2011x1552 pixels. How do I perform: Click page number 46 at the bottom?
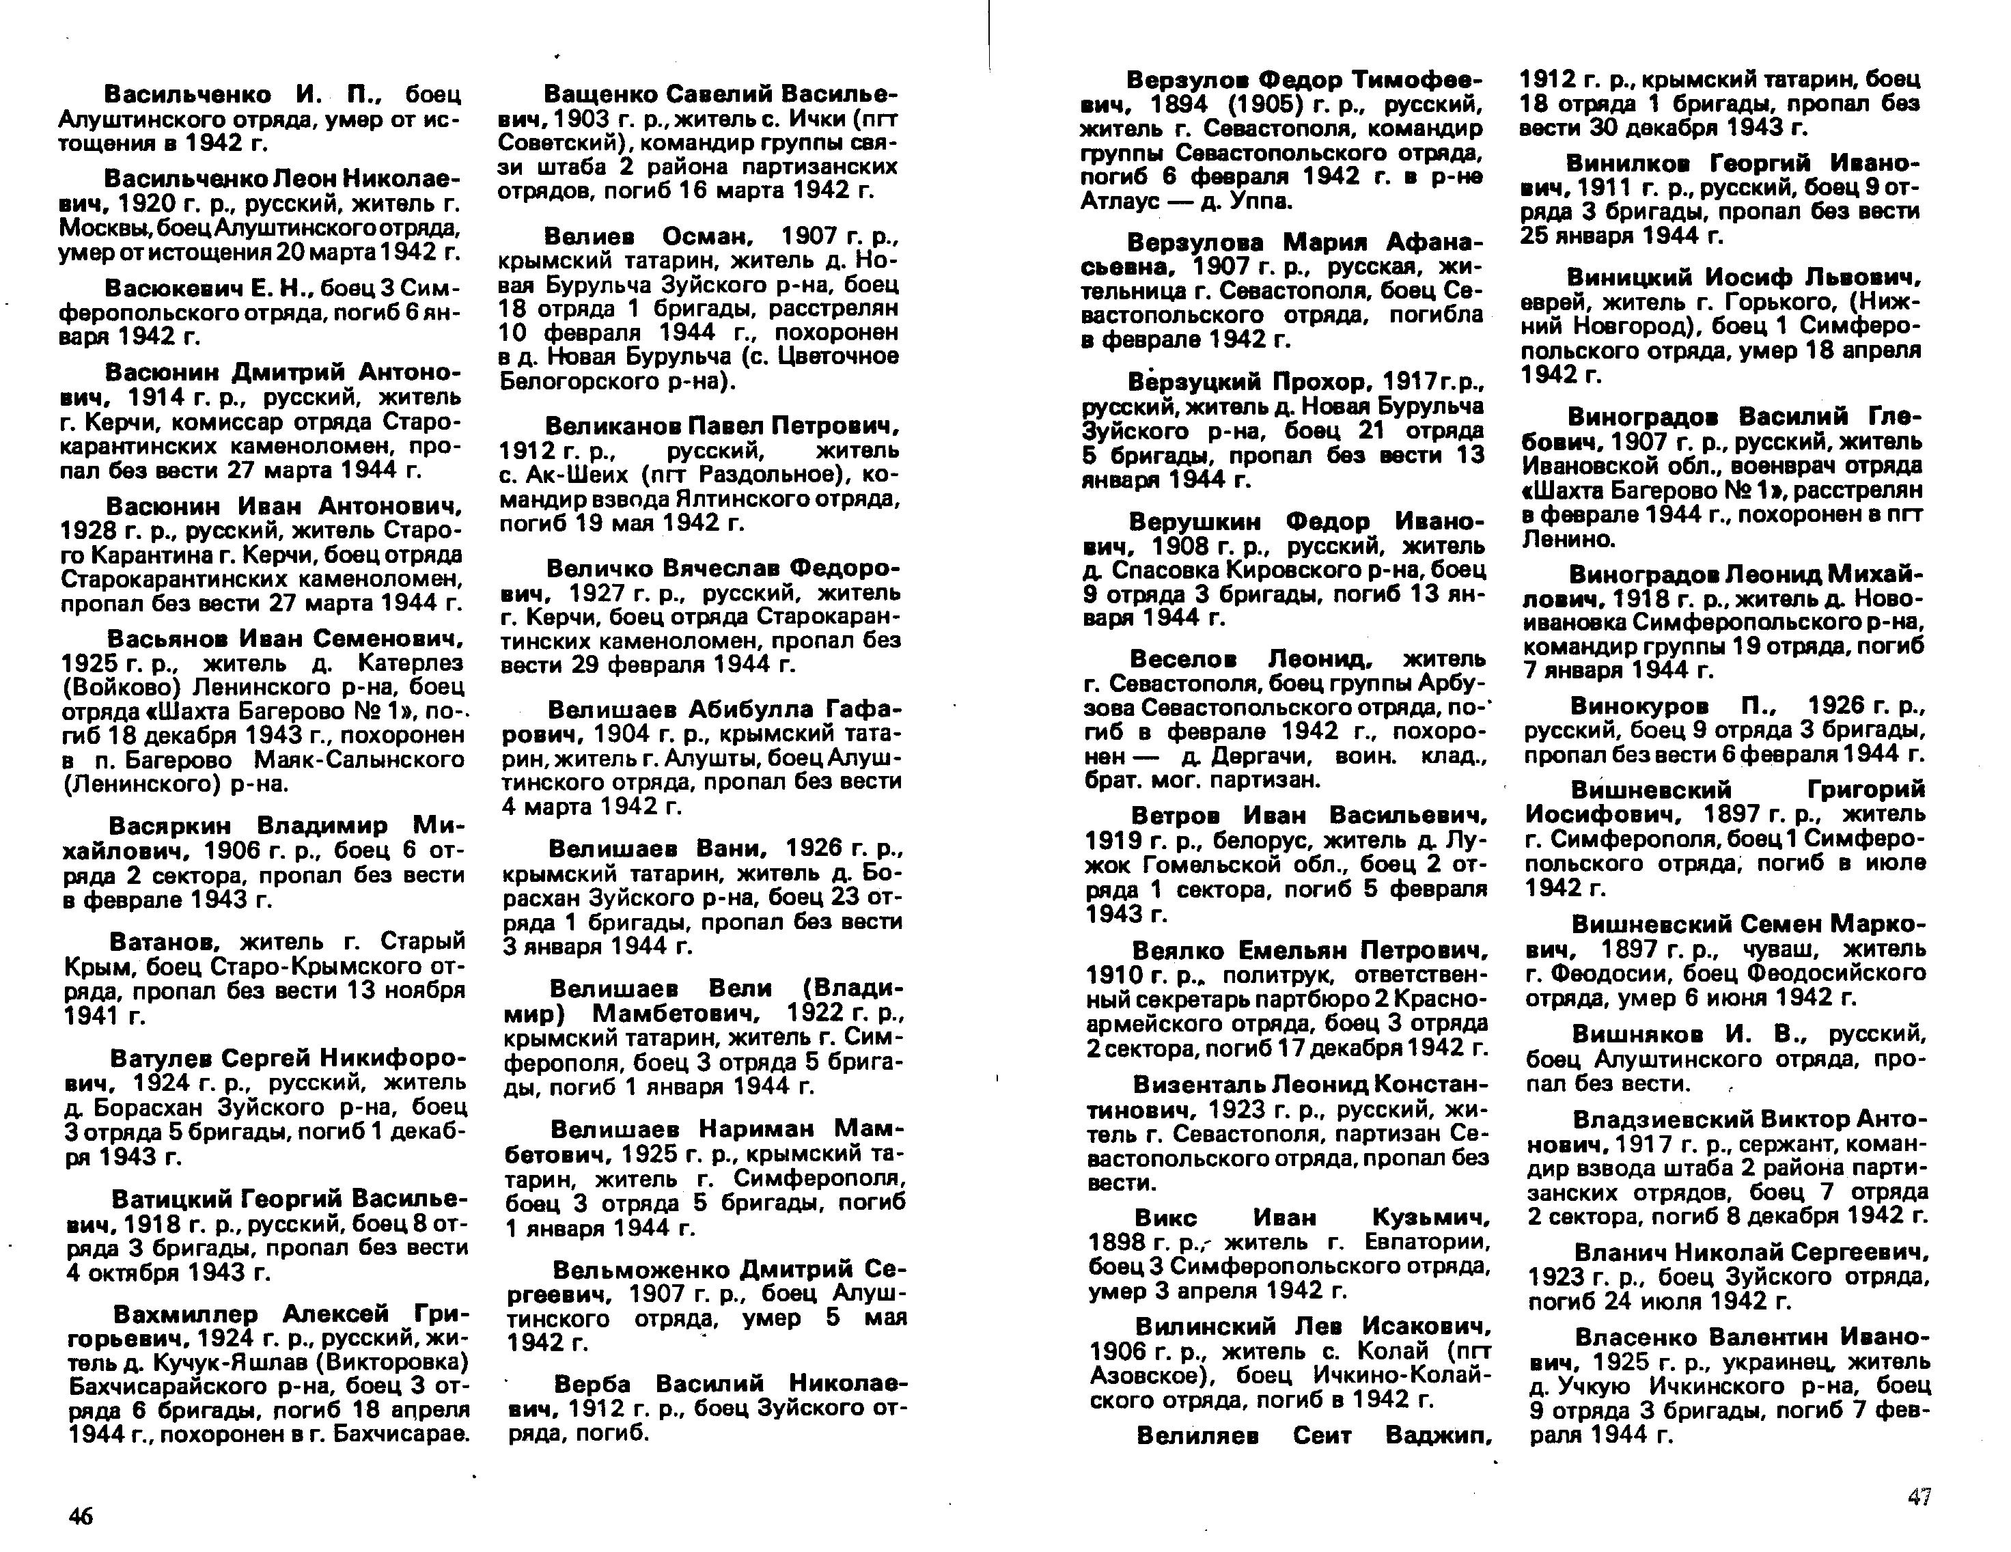[x=81, y=1516]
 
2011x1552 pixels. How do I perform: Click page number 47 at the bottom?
[x=1919, y=1497]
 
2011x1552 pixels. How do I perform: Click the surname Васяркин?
[x=169, y=824]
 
